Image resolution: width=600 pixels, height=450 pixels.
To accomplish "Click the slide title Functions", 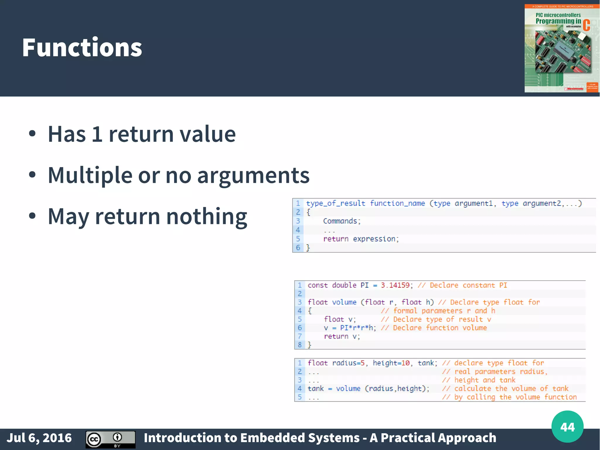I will (x=82, y=47).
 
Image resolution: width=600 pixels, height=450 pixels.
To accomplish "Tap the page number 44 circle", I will (x=567, y=427).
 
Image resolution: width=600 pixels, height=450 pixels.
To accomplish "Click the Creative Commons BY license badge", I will (x=110, y=439).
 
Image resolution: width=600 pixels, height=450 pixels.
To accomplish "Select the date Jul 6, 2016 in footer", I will (x=39, y=438).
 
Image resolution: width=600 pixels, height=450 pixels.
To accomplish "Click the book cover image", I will (x=562, y=48).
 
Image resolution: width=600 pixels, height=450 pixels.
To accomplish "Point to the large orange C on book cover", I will (x=586, y=25).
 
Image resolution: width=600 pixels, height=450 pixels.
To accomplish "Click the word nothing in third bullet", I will (x=207, y=216).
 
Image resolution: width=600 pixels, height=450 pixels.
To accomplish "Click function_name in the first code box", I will (x=397, y=203).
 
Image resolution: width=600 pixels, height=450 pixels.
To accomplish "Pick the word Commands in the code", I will (x=340, y=221).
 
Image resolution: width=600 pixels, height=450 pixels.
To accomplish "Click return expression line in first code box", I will (x=361, y=239).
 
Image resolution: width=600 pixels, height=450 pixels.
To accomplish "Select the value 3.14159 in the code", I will (x=395, y=285).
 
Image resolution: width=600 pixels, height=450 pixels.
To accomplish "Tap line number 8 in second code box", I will (x=299, y=345).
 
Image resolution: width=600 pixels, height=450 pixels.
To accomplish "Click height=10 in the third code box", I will (x=391, y=363).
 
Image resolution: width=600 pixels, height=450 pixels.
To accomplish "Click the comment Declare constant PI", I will (x=468, y=285).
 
